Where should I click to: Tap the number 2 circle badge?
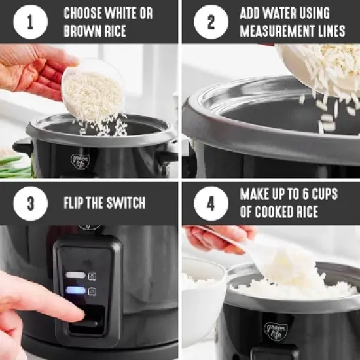211,22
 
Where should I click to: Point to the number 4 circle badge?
211,203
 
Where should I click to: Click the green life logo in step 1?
79,160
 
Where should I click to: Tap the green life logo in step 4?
276,331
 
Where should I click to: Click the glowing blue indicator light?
75,291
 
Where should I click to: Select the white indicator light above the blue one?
75,276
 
